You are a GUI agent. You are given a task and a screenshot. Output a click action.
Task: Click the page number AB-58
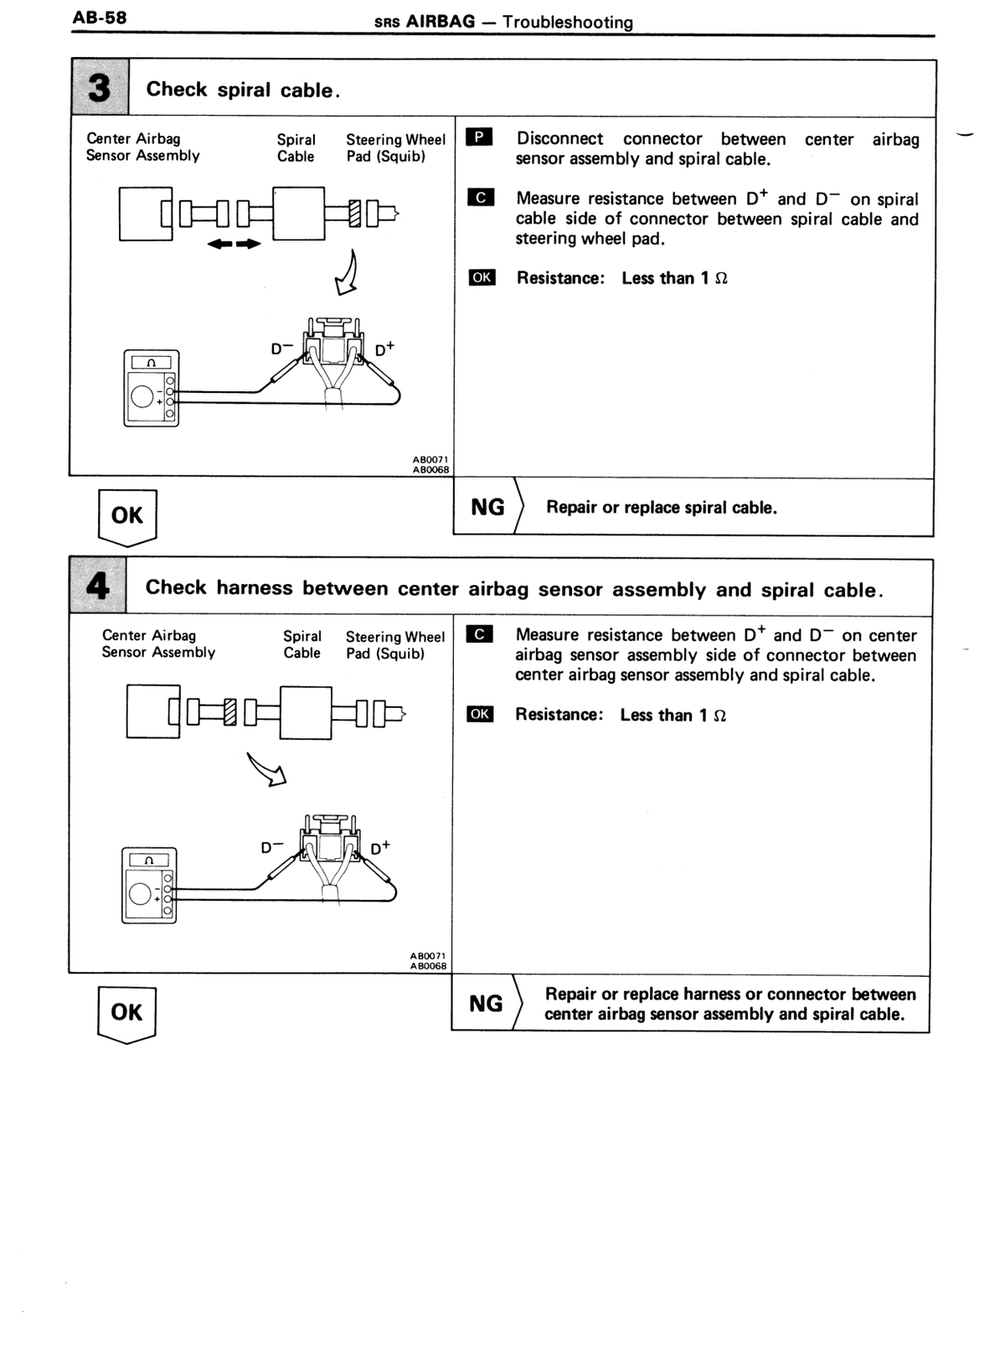[x=100, y=18]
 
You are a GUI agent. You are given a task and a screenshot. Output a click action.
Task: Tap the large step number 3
[x=100, y=88]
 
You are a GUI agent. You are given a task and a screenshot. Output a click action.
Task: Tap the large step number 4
[x=98, y=585]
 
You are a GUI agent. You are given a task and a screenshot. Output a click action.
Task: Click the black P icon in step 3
[x=479, y=137]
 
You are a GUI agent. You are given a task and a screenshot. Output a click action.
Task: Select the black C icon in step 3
[x=481, y=197]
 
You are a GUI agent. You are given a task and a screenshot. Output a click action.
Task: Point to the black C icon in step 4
[x=479, y=633]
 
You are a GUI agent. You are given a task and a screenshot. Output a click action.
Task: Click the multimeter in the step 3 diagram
[x=151, y=389]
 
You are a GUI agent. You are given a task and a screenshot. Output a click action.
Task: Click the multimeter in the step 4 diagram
[x=149, y=886]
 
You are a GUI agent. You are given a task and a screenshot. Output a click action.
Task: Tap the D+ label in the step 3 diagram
[x=384, y=349]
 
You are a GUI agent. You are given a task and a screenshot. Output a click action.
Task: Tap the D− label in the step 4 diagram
[x=271, y=847]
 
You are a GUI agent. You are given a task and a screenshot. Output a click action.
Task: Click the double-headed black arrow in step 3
[x=234, y=244]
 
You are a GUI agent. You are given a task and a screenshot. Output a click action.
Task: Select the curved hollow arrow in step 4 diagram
[x=266, y=769]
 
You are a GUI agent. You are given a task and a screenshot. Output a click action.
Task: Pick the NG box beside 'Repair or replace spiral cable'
[x=488, y=507]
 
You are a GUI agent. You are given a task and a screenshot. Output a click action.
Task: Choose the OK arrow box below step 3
[x=127, y=518]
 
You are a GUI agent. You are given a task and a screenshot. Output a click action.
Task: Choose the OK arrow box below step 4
[x=126, y=1015]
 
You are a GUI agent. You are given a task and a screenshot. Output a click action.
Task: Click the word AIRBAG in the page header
[x=441, y=22]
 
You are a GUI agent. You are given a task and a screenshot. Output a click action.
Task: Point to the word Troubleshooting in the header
[x=568, y=22]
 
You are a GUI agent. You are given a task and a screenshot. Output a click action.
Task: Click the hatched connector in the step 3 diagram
[x=354, y=214]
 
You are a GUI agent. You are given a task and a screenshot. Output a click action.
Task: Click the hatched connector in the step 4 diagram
[x=229, y=712]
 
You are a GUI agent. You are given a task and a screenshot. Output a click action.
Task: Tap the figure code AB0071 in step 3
[x=430, y=459]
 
